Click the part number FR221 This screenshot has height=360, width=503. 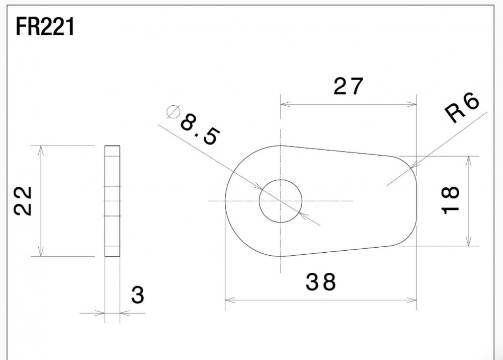pos(45,27)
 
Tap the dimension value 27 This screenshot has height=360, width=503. pos(349,86)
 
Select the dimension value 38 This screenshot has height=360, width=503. pos(320,282)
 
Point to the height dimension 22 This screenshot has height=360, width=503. pos(23,201)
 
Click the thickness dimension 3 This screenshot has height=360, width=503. pos(138,295)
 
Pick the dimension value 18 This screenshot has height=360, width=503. pos(450,200)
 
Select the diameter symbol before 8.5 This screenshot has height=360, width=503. pos(173,112)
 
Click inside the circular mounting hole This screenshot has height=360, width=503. pos(281,201)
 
